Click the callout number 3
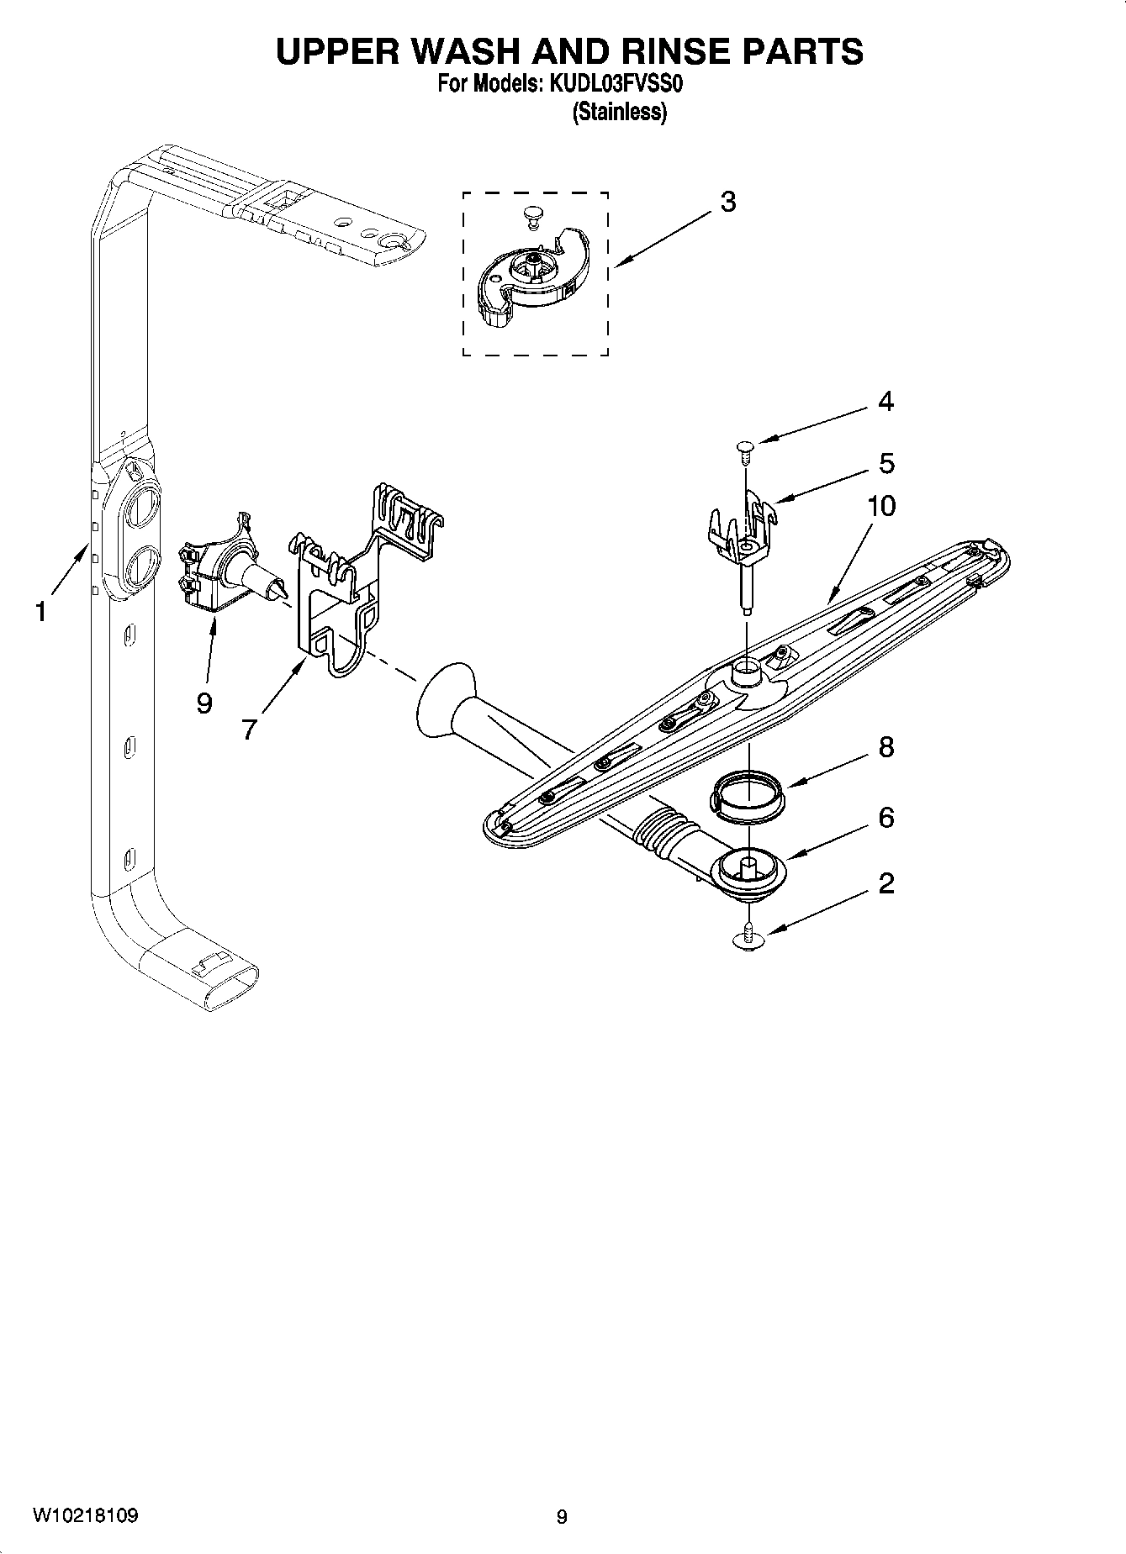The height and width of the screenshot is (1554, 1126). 728,203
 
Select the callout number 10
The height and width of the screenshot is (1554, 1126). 881,506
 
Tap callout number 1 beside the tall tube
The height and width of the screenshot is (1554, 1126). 40,612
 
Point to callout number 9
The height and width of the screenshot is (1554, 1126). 204,703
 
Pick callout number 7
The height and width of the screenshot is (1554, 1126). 248,730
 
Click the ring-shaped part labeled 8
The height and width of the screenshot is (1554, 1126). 748,793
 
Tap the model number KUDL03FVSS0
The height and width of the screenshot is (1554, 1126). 618,85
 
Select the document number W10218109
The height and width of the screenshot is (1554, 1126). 86,1515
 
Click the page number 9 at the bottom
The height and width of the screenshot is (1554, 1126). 562,1516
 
